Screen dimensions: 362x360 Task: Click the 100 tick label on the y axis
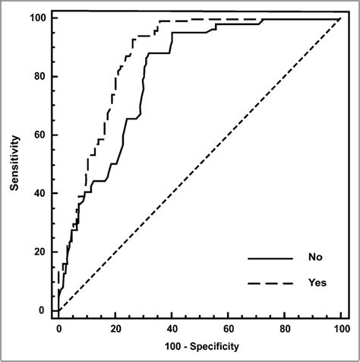coord(37,17)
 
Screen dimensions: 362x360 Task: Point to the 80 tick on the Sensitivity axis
coord(39,76)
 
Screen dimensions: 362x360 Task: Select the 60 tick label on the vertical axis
coord(39,135)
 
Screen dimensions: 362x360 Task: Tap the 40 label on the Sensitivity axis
coord(39,193)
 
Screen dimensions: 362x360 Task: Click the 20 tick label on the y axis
coord(39,252)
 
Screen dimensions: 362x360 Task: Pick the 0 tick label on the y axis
coord(43,310)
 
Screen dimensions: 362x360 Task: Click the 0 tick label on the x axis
coord(58,329)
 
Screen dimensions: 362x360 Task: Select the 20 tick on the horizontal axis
coord(115,329)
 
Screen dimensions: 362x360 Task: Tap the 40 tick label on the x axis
coord(171,329)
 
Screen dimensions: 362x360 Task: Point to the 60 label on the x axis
coord(228,329)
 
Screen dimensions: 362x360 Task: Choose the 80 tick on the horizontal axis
coord(284,329)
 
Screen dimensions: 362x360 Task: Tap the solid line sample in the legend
coord(270,258)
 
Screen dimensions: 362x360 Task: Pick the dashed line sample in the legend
coord(270,283)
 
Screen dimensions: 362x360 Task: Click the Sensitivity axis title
coord(14,164)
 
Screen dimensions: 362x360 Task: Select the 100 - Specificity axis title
coord(199,347)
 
